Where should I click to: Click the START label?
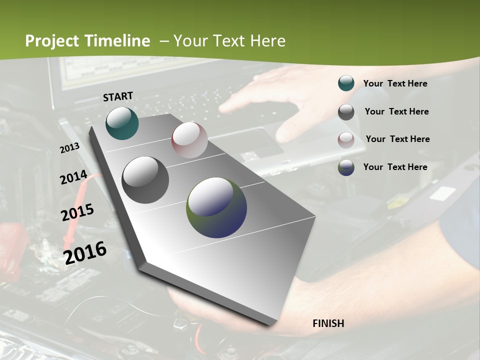[118, 96]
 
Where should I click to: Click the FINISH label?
[328, 323]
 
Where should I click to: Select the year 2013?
[69, 148]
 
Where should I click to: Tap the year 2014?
[73, 177]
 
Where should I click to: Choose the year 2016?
[85, 252]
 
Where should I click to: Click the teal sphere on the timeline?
[122, 123]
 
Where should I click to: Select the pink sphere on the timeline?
[189, 140]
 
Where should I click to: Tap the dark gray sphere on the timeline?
[145, 180]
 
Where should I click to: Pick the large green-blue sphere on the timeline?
[216, 207]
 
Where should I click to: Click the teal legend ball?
[346, 83]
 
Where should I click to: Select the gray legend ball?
[346, 112]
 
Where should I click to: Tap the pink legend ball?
[346, 140]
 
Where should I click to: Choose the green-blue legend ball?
[346, 167]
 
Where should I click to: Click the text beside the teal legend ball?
[395, 83]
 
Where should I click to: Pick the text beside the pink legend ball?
[397, 139]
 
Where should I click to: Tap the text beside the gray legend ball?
[396, 111]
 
